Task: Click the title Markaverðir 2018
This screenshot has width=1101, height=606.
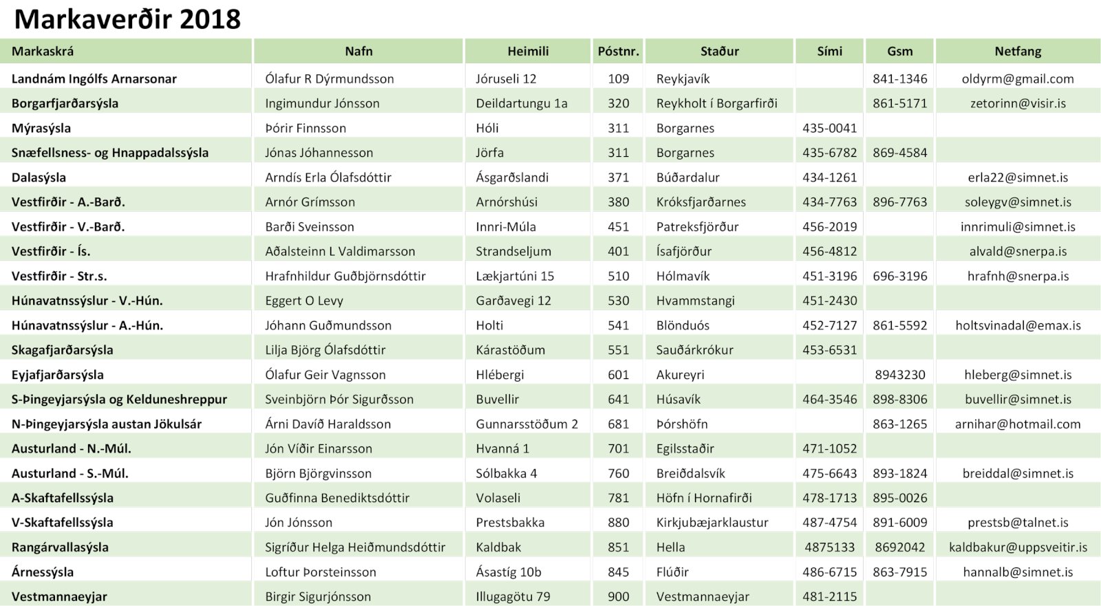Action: coord(127,19)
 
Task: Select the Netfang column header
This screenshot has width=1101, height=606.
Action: coord(1018,51)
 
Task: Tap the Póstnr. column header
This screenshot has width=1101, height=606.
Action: coord(618,51)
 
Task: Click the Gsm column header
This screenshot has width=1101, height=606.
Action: coord(899,51)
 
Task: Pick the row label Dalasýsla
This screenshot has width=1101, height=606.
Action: coord(39,177)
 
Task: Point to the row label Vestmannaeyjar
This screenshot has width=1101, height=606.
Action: coord(59,596)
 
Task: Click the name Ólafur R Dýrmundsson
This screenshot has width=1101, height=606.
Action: coord(329,79)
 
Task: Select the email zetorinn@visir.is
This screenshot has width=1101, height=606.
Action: coord(1018,103)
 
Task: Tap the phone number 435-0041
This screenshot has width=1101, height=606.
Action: coord(829,128)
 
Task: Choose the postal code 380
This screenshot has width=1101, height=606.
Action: coord(618,202)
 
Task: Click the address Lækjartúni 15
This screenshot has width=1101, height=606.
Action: coord(514,276)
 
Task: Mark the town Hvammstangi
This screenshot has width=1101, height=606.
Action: coord(695,301)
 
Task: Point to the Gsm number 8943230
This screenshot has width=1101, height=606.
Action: coord(899,375)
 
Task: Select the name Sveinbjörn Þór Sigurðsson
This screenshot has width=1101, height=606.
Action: coord(339,399)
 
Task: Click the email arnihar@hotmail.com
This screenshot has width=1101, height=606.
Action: coord(1018,424)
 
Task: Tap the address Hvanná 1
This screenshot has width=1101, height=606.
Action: coord(502,448)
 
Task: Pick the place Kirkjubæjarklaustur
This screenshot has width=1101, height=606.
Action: coord(712,522)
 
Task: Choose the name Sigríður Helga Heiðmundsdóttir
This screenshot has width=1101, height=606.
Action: coord(355,547)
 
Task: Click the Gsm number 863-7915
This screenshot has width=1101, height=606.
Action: coord(899,572)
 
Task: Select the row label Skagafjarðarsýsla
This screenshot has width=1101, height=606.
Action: coord(62,350)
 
